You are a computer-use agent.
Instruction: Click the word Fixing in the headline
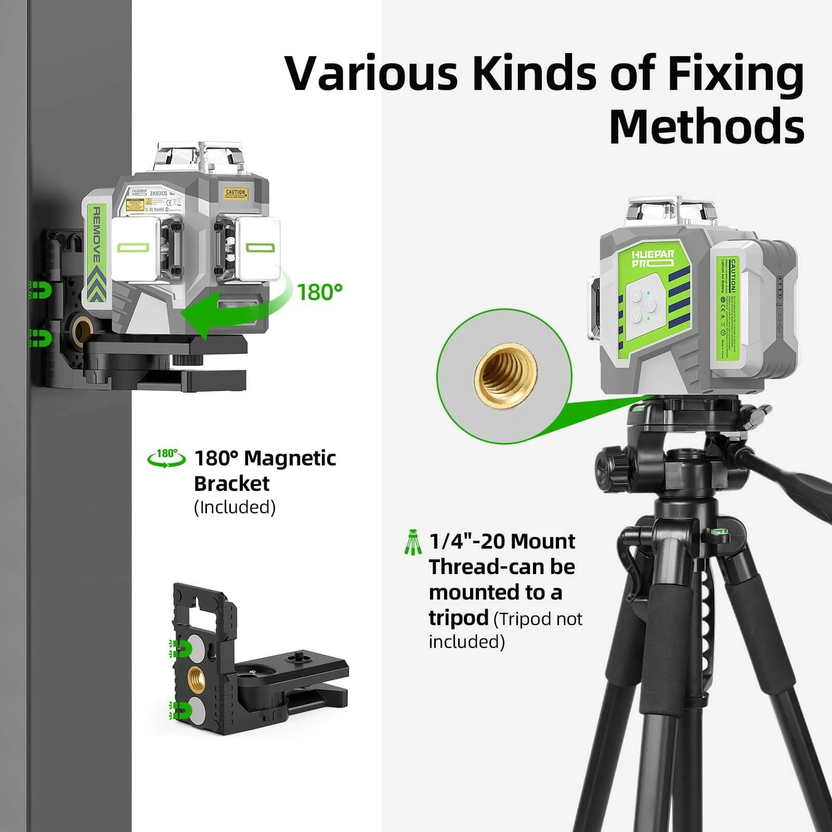(735, 74)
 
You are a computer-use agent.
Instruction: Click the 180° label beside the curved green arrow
(319, 293)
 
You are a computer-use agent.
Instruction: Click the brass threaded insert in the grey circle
(505, 375)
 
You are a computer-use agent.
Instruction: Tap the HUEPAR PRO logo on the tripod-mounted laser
(653, 258)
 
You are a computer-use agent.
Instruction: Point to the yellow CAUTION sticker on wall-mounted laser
(235, 194)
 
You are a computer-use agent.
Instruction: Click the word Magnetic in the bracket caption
(290, 459)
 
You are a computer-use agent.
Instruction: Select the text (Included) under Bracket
(235, 507)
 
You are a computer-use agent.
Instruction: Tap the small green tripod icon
(413, 542)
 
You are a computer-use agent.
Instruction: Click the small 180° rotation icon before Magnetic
(166, 458)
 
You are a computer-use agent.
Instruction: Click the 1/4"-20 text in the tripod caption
(466, 542)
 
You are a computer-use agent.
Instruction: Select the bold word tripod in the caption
(458, 618)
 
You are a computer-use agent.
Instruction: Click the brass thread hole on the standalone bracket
(197, 679)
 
